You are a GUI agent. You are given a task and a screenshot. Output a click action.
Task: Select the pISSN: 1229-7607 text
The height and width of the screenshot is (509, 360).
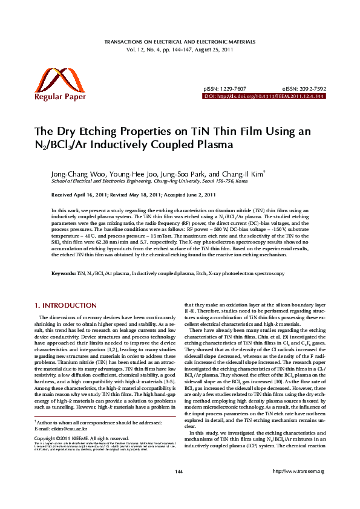(224, 89)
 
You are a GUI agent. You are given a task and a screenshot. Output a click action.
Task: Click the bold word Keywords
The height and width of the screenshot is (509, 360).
(63, 274)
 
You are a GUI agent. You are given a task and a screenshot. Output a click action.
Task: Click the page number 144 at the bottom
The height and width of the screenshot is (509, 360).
(179, 488)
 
